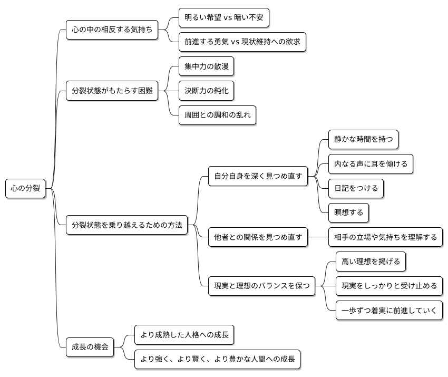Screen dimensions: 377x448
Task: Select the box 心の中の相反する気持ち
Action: coord(112,30)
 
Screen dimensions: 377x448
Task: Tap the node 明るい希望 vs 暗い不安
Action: coord(224,18)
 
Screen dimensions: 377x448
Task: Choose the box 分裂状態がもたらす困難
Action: coord(112,91)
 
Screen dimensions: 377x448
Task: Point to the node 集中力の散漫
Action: coord(206,66)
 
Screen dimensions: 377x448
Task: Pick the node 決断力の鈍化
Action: coord(206,91)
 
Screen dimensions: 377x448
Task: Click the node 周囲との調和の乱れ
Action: coord(217,115)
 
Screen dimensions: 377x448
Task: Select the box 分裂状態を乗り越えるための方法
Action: coord(127,225)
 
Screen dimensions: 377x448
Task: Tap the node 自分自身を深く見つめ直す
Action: coord(258,176)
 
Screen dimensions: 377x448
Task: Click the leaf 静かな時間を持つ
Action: coord(363,140)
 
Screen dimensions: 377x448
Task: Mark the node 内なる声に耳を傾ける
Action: coord(371,164)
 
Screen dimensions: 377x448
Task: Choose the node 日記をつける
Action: coord(356,188)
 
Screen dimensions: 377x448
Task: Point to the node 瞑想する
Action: coord(348,212)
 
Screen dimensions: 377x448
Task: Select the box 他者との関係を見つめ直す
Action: coord(258,237)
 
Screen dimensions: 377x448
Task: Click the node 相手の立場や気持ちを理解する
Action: coord(385,237)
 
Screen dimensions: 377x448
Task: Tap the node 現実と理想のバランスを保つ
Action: coord(261,286)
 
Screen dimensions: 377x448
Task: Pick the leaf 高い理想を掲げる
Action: coord(371,262)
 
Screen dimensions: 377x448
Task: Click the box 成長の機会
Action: coord(90,346)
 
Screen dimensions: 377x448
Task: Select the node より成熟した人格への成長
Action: coord(184,334)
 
